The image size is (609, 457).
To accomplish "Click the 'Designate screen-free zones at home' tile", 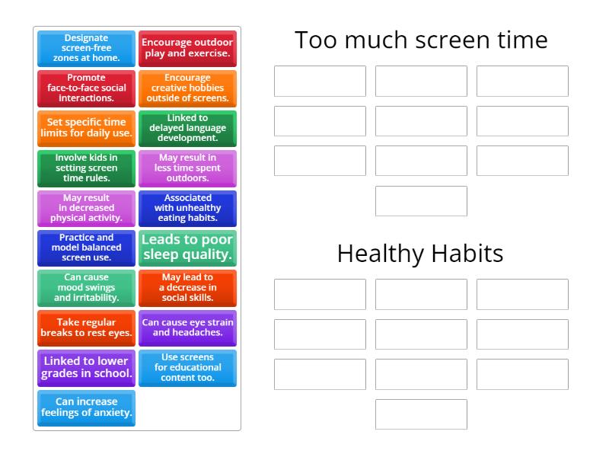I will [86, 49].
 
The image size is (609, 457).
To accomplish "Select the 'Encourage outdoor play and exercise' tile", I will [187, 49].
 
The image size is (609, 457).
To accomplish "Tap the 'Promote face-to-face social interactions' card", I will [86, 88].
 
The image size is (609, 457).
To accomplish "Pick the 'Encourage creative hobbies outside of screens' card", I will [187, 88].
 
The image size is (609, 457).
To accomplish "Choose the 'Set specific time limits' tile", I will [86, 128].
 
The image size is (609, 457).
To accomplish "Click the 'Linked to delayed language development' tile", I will [187, 128].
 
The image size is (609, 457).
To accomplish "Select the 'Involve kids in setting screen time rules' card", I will [86, 168].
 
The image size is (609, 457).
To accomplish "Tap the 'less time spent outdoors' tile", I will [187, 168].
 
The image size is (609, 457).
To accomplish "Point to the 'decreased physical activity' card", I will [86, 208].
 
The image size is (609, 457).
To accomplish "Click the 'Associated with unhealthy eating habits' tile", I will [187, 208].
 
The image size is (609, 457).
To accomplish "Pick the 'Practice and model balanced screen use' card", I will [86, 248].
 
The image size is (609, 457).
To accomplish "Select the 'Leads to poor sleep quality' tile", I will [187, 248].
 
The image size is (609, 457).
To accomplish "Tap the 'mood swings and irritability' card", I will [86, 288].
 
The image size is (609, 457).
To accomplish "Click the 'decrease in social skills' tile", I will [187, 288].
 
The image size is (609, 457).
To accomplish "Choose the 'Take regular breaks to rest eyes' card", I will [86, 328].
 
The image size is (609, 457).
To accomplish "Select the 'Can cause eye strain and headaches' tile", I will [187, 328].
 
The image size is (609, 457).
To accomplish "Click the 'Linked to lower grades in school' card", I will [86, 368].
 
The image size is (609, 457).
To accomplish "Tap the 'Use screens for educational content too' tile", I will [187, 368].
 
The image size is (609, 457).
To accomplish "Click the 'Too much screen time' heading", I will [421, 40].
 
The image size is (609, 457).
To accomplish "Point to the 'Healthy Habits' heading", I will [420, 254].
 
